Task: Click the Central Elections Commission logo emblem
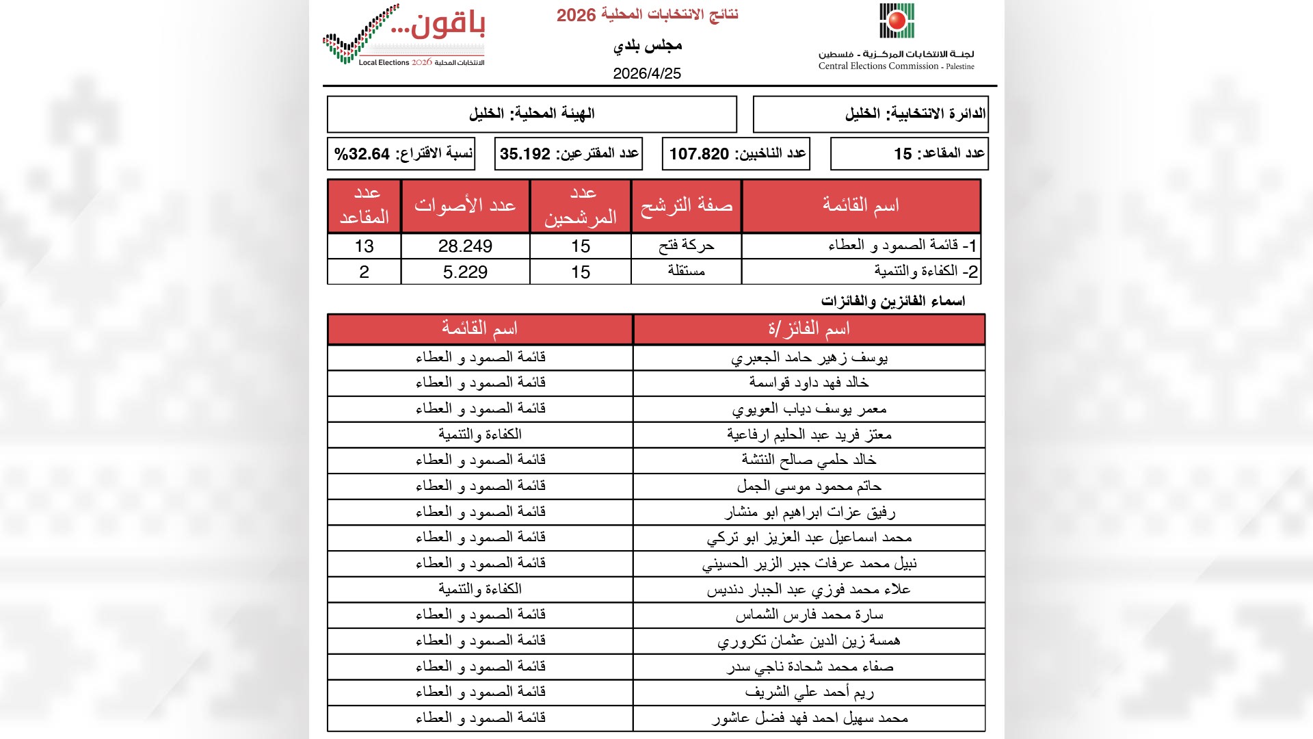coord(897,21)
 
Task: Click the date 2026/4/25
coord(647,74)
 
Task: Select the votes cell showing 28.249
coord(465,246)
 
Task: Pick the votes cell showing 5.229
coord(465,272)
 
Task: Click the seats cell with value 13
coord(364,246)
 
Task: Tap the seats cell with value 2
coord(364,272)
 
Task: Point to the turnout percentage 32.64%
coord(362,154)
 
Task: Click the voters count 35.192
coord(525,154)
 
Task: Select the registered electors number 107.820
coord(699,154)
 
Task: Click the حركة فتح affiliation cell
coord(686,246)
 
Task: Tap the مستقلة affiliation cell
coord(686,272)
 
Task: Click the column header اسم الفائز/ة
coord(809,329)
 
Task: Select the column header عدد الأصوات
coord(465,205)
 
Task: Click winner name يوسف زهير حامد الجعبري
coord(809,358)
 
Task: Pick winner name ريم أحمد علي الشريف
coord(809,692)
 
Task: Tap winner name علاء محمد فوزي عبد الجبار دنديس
coord(809,590)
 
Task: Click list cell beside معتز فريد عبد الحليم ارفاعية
coord(479,435)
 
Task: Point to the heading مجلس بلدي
coord(647,46)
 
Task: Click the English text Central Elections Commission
coord(878,66)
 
